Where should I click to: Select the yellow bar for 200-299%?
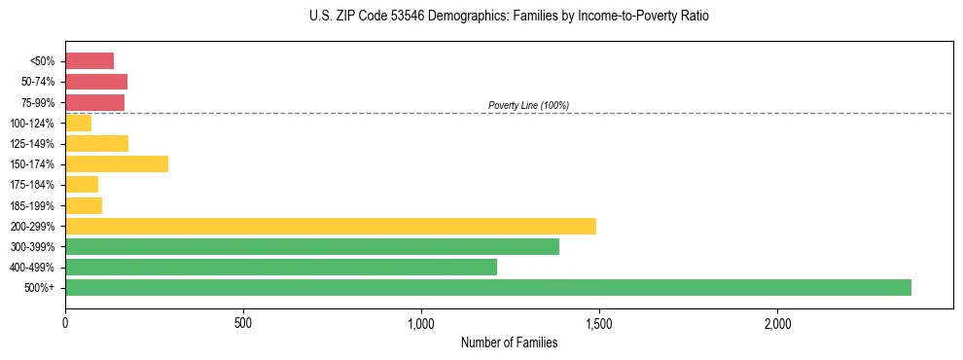[x=331, y=226]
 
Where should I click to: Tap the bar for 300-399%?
[x=312, y=246]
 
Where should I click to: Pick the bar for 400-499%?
[x=281, y=267]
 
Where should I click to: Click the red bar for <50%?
[x=89, y=61]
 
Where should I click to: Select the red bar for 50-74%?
[x=96, y=82]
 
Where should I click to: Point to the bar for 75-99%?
[x=95, y=102]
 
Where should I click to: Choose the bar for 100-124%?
[x=79, y=123]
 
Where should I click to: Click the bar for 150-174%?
[x=117, y=163]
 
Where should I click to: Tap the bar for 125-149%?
[x=97, y=143]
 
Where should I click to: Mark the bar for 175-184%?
[x=82, y=184]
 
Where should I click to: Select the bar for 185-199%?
[x=84, y=205]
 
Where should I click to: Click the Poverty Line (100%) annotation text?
[x=528, y=105]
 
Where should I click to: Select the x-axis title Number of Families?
[x=509, y=342]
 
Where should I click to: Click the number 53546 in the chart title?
[x=392, y=17]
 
